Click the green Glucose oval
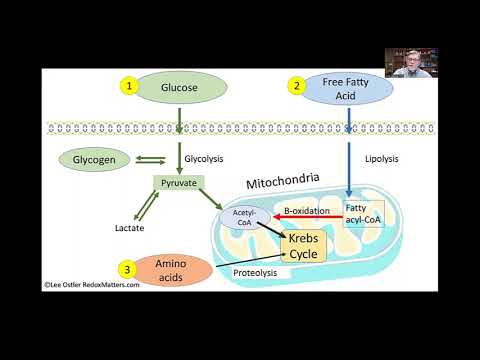click(x=181, y=87)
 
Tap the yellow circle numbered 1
click(x=129, y=87)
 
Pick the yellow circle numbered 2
click(x=297, y=87)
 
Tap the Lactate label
click(x=130, y=228)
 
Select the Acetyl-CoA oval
click(x=245, y=217)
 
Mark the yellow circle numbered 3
click(x=127, y=268)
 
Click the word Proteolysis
click(x=254, y=272)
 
